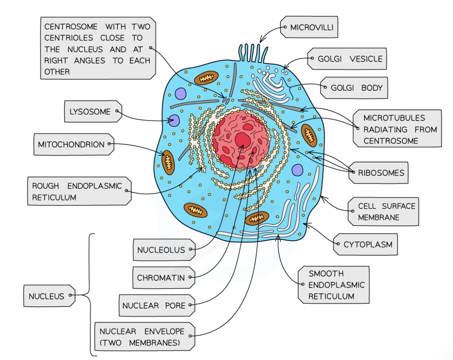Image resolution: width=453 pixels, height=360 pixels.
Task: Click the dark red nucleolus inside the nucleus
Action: (243, 141)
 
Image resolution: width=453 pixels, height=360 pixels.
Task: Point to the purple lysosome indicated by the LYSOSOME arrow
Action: (174, 120)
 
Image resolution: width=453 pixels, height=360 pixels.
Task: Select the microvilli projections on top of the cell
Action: (253, 52)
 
